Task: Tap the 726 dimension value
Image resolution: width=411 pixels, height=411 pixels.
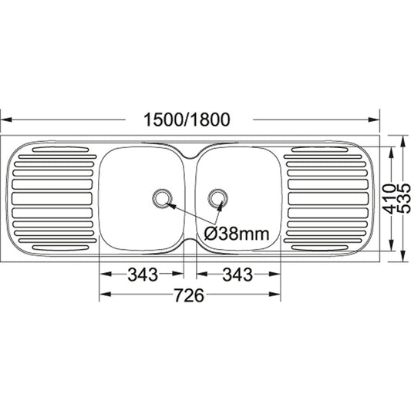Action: (189, 295)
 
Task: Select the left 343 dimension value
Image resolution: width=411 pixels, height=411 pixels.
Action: (142, 274)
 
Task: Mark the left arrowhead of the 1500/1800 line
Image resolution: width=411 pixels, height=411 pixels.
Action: (5, 120)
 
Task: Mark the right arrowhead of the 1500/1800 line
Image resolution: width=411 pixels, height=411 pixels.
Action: (377, 120)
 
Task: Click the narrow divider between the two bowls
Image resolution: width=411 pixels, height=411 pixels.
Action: (190, 199)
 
